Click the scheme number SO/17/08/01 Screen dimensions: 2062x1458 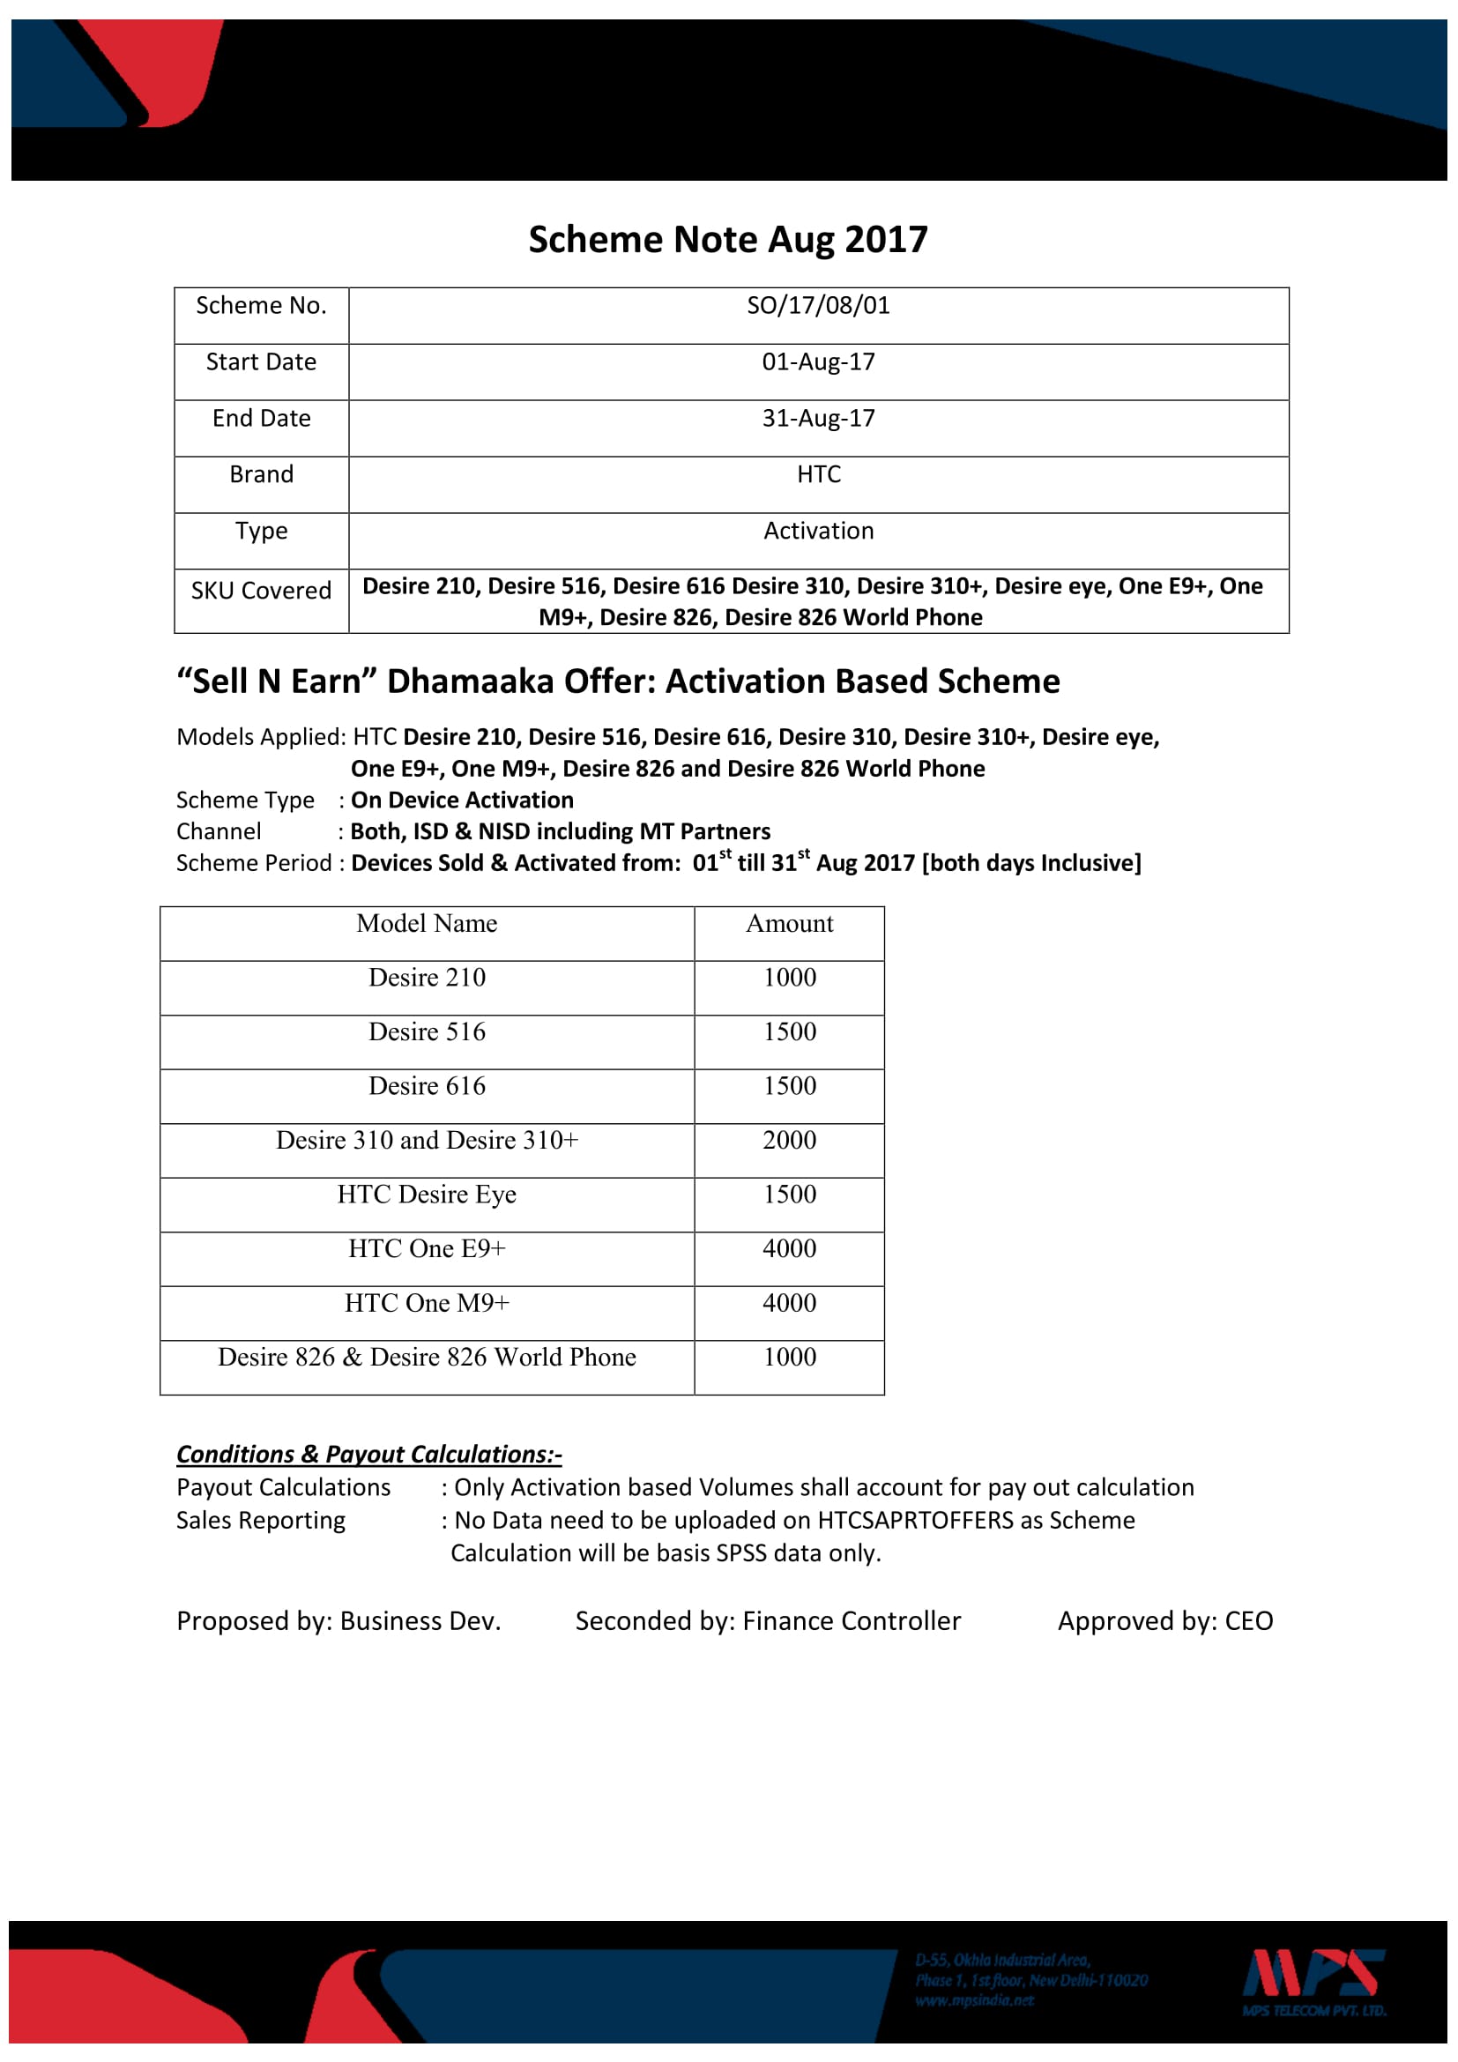818,306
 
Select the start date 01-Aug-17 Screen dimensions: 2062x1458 818,362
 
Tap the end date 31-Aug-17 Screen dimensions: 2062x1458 818,419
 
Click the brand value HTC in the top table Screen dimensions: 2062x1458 819,474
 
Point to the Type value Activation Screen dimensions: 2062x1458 818,531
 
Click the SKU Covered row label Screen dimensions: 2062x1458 261,591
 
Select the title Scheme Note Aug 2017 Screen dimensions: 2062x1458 728,240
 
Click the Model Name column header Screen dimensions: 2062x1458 427,923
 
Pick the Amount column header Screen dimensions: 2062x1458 789,923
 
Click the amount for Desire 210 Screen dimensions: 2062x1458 789,977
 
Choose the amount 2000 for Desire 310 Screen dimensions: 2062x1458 789,1140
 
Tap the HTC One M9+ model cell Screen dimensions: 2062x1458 427,1303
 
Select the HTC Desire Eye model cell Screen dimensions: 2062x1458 427,1195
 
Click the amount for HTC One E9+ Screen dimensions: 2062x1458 789,1248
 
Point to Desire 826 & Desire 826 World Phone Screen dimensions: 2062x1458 427,1357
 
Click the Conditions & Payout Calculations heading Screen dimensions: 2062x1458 369,1454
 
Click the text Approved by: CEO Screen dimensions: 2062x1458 1164,1621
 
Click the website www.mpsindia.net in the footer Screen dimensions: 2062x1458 974,2001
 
